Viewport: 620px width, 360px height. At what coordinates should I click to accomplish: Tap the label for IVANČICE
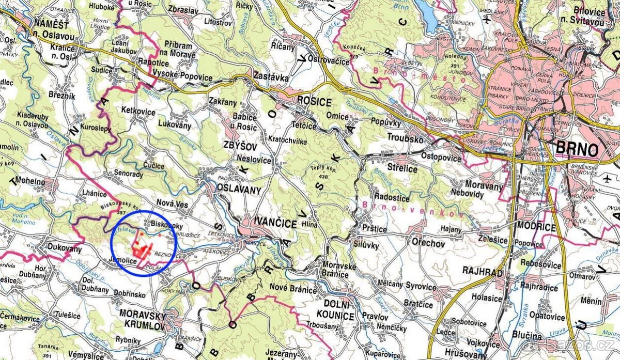point(276,223)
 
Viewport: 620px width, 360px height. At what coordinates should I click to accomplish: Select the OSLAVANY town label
point(239,190)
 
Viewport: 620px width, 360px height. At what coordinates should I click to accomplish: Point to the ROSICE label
point(314,102)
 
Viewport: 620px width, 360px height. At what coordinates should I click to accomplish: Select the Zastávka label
point(269,75)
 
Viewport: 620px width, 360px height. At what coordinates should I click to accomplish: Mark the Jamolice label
point(123,261)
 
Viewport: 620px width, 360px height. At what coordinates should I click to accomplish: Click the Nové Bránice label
point(293,290)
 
